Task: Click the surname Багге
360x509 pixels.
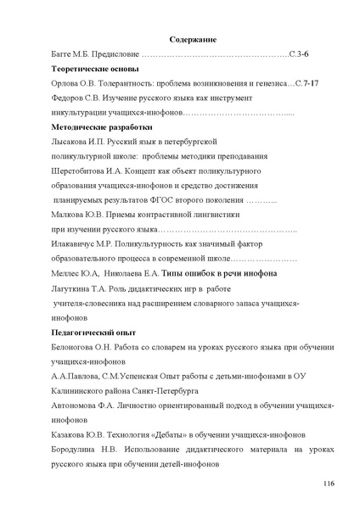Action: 65,53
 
